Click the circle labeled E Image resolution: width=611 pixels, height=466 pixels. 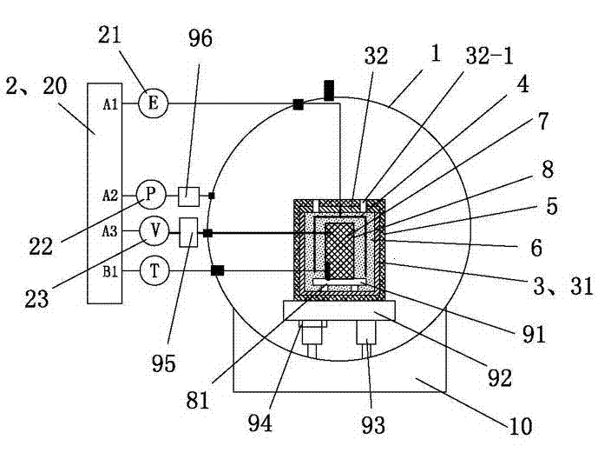click(153, 103)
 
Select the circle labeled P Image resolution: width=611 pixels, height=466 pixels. click(151, 195)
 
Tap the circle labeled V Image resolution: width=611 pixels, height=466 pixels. click(154, 230)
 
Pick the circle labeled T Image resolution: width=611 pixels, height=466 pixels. click(154, 271)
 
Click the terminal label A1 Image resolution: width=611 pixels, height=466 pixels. click(110, 104)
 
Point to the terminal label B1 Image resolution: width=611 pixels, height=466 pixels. click(110, 271)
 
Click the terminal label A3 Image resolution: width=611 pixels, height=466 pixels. click(110, 231)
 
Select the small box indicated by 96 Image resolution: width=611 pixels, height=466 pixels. click(189, 196)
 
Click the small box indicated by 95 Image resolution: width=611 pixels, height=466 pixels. click(188, 232)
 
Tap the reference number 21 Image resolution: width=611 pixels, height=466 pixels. click(109, 36)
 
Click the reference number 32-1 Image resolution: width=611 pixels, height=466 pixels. click(489, 56)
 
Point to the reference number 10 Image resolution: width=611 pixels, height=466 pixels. click(520, 426)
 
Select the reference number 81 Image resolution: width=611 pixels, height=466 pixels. click(198, 400)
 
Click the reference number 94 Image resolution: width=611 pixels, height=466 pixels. click(260, 423)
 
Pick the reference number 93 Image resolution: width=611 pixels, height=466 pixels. click(373, 424)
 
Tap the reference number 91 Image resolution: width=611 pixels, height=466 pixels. click(534, 334)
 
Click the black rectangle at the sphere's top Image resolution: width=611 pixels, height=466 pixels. click(329, 90)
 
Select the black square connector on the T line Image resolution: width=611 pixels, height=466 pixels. click(218, 270)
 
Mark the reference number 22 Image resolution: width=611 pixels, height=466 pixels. click(41, 247)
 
